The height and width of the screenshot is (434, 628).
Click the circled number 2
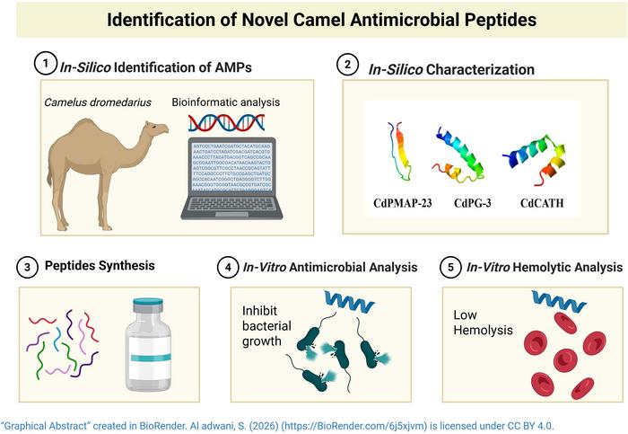[x=347, y=64]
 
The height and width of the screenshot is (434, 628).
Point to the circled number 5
[x=453, y=267]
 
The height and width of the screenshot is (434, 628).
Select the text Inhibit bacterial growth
[x=267, y=325]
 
